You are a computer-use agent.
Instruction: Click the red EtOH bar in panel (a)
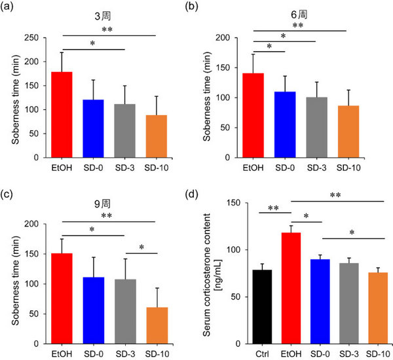[62, 115]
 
